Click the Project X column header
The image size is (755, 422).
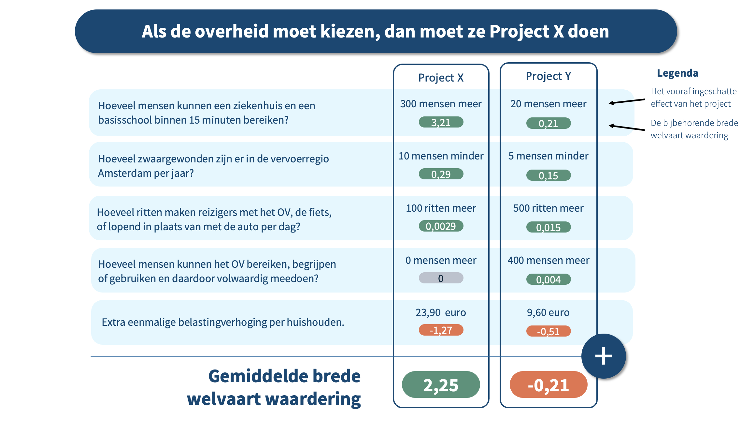441,78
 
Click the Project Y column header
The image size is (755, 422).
548,76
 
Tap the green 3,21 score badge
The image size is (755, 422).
441,122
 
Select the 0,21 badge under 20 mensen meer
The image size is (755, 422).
548,123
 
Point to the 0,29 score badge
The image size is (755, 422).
441,174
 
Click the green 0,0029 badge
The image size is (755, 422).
441,226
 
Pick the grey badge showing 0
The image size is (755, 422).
441,278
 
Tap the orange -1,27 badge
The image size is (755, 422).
441,330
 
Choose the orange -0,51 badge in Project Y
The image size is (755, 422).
548,331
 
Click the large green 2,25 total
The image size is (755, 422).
441,385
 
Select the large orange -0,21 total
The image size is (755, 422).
548,385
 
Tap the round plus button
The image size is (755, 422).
603,356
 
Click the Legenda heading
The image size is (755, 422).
677,73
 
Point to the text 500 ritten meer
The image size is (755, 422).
548,208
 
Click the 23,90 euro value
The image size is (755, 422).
441,312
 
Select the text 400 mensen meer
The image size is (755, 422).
548,260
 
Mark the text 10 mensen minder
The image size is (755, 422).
441,156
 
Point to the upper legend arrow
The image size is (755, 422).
627,101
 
